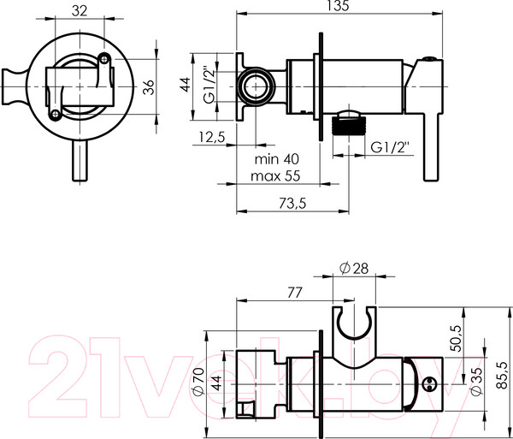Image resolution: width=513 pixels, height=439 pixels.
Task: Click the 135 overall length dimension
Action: click(339, 6)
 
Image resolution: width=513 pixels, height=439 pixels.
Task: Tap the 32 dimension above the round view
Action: click(80, 11)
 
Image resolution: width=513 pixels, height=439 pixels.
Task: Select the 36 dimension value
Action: click(149, 87)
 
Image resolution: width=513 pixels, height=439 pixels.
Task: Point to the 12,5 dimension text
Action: click(212, 137)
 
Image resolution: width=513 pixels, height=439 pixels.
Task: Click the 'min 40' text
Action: click(277, 159)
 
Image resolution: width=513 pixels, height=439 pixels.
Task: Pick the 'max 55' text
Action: click(275, 176)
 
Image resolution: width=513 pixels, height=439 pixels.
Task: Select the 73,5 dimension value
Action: click(292, 204)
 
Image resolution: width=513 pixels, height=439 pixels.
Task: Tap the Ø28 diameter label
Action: click(354, 268)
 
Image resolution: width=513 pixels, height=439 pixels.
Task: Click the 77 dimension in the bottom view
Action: click(294, 293)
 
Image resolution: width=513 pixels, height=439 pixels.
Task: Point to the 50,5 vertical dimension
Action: click(457, 338)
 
